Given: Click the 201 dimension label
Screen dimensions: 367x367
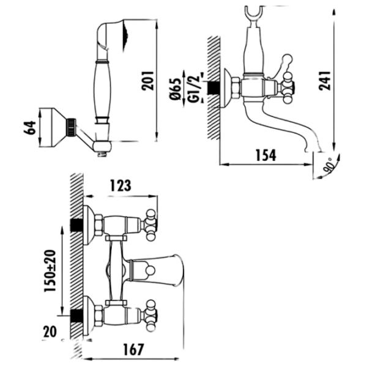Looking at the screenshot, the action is click(x=147, y=81).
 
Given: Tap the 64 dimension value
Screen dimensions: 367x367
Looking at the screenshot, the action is click(x=30, y=128).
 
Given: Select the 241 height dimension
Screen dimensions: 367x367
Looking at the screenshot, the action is click(x=325, y=81).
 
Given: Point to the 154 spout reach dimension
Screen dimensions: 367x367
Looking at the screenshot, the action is click(x=266, y=155).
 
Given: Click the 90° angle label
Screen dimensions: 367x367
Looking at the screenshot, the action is click(x=329, y=166).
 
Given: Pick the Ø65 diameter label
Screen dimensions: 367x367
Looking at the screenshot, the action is click(x=176, y=89).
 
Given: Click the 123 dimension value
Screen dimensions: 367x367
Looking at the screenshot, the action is click(x=120, y=185).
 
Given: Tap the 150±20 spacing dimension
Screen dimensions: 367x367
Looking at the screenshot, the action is click(x=50, y=271).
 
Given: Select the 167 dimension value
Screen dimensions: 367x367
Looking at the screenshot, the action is click(x=133, y=349).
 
